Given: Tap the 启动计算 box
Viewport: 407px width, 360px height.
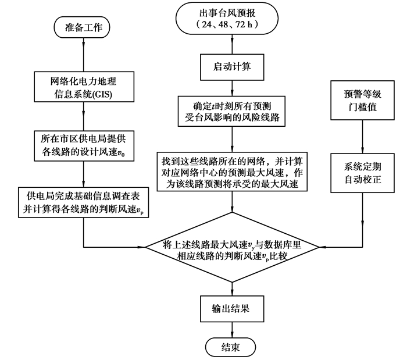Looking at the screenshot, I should (233, 67).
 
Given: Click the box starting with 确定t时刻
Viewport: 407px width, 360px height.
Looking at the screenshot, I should (233, 111).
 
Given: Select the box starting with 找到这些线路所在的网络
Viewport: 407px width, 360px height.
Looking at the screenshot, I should (233, 171).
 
